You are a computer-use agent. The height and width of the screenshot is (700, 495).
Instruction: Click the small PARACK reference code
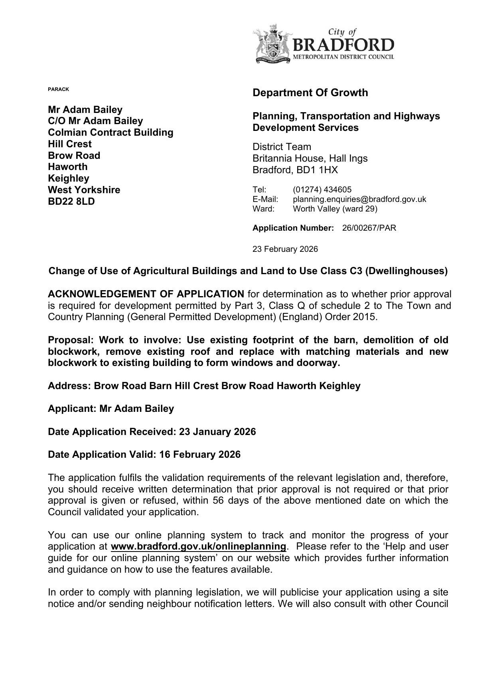point(58,89)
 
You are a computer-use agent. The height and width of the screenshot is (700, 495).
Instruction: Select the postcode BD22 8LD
point(71,202)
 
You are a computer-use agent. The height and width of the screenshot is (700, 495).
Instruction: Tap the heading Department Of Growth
point(310,93)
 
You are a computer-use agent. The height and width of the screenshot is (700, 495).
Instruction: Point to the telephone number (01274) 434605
point(322,190)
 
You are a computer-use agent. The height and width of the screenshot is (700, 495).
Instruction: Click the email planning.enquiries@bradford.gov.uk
point(359,199)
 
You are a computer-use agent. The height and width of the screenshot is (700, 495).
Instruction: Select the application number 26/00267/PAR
point(369,228)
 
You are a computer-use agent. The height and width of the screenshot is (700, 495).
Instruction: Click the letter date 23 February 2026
point(285,249)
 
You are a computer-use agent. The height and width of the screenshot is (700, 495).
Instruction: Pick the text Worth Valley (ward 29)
point(335,209)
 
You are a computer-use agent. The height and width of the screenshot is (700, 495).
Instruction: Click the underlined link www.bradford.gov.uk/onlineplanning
point(199,546)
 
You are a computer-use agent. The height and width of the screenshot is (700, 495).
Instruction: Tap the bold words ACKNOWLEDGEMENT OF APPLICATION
point(146,295)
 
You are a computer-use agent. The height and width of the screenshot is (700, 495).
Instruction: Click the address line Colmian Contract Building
point(110,132)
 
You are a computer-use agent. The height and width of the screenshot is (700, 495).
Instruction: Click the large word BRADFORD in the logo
point(343,45)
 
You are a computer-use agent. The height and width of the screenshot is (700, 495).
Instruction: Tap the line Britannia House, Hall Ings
point(310,158)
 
